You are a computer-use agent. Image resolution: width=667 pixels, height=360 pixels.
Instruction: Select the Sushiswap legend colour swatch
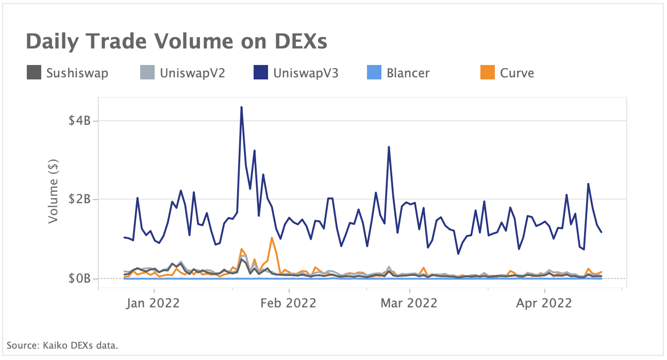coord(34,73)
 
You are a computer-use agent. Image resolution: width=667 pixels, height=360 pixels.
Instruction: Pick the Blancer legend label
coord(408,73)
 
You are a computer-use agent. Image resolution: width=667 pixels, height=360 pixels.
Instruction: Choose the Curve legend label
coord(517,73)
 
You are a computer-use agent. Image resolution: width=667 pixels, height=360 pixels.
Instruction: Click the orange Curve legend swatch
coord(487,73)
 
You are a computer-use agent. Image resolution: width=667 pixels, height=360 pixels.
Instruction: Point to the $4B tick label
coord(80,121)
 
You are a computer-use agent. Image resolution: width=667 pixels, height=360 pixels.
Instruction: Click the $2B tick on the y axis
coord(80,200)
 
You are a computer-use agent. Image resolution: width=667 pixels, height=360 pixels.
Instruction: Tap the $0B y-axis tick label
coord(80,279)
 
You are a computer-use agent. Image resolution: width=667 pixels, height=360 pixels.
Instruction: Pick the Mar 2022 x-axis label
coord(409,303)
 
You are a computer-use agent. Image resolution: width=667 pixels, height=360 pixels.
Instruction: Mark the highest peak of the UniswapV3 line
coord(241,107)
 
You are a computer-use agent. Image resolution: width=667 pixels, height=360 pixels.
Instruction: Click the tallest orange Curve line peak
coord(272,238)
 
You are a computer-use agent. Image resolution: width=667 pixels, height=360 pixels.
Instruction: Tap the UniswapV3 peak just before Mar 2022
coord(389,147)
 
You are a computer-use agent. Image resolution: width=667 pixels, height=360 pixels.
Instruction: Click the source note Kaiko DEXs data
coord(62,345)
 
